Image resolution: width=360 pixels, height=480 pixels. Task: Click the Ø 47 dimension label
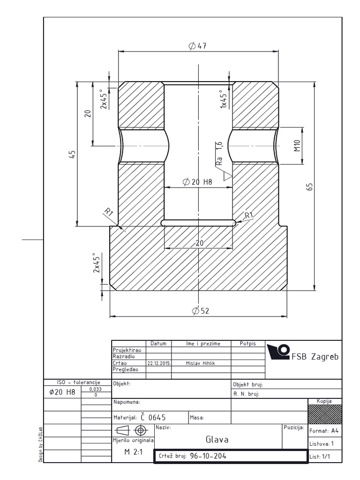(x=197, y=46)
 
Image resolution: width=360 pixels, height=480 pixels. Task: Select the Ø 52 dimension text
(x=201, y=311)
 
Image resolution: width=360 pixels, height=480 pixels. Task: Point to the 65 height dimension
(x=310, y=187)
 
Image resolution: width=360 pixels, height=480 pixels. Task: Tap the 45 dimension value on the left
(x=72, y=154)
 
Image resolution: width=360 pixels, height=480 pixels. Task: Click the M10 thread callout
(x=298, y=145)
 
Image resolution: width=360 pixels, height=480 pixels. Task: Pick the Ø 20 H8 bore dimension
(x=197, y=182)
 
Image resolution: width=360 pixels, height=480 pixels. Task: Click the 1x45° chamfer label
(x=224, y=99)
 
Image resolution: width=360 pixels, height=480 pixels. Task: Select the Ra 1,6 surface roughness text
(x=219, y=153)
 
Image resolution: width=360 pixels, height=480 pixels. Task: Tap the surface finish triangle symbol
(x=227, y=176)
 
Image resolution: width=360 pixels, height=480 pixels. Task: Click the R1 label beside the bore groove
(x=249, y=215)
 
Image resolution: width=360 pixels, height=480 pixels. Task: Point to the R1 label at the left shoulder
(x=109, y=212)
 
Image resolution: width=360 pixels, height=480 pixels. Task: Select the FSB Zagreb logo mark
(x=278, y=352)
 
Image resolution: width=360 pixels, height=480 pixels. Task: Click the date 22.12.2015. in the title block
(x=159, y=363)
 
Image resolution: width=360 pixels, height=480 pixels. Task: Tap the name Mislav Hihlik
(x=201, y=363)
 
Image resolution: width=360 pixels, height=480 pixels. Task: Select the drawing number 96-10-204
(x=208, y=456)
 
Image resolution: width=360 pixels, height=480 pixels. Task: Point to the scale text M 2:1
(x=134, y=452)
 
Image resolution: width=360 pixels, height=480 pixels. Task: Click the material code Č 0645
(x=153, y=417)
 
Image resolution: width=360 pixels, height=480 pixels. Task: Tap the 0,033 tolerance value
(x=96, y=389)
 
